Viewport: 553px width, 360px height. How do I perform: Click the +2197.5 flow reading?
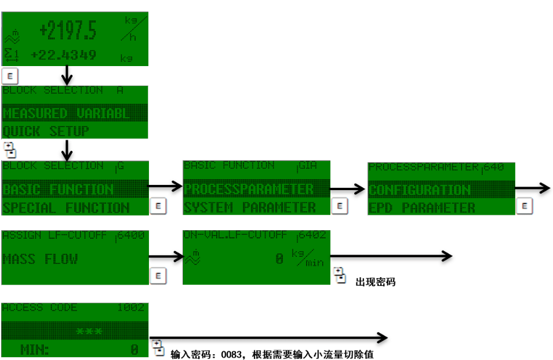pyautogui.click(x=68, y=30)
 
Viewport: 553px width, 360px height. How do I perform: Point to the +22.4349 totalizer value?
pyautogui.click(x=64, y=55)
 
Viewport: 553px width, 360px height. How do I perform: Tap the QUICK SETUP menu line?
pyautogui.click(x=46, y=131)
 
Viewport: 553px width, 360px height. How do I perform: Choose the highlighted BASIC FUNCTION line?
pyautogui.click(x=58, y=190)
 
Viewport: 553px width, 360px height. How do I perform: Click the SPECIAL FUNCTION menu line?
pyautogui.click(x=66, y=208)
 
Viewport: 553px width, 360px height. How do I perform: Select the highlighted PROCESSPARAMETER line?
pyautogui.click(x=249, y=189)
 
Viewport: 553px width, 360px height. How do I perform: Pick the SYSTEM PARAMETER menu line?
pyautogui.click(x=250, y=207)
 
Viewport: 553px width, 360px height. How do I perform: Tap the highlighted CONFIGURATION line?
pyautogui.click(x=420, y=190)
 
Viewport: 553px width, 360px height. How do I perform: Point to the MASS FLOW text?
pyautogui.click(x=40, y=259)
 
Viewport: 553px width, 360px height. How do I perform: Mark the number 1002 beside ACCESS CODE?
pyautogui.click(x=131, y=308)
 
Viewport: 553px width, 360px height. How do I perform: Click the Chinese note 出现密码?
pyautogui.click(x=375, y=282)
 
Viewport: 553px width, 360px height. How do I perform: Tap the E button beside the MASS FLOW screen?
pyautogui.click(x=158, y=275)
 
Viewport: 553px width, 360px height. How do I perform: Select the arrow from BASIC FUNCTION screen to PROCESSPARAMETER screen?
pyautogui.click(x=165, y=186)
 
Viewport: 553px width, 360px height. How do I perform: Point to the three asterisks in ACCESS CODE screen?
pyautogui.click(x=89, y=331)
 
